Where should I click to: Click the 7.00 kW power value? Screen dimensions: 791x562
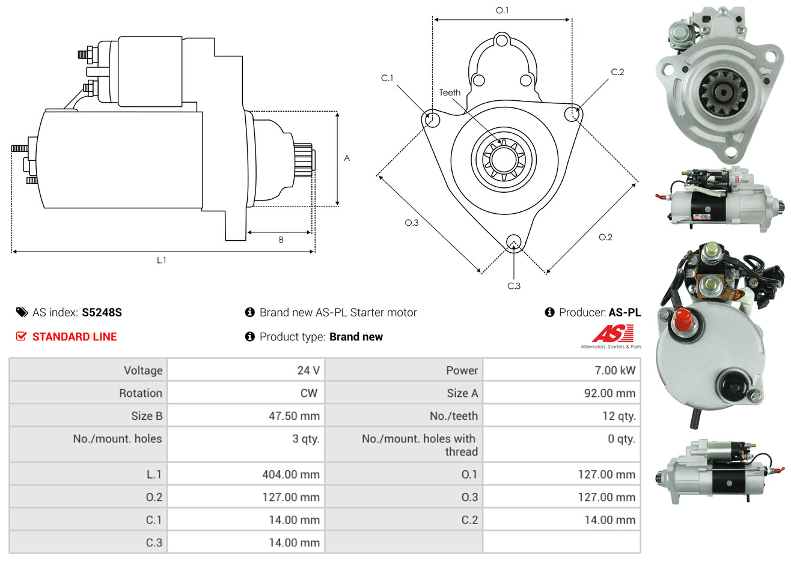[x=615, y=370]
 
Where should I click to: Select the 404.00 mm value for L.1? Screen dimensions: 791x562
[x=291, y=474]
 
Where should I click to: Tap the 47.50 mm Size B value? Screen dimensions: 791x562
[x=294, y=415]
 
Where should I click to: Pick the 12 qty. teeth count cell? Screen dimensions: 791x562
[x=619, y=416]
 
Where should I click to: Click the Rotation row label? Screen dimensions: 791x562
[x=141, y=393]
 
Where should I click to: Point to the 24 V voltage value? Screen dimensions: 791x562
[x=308, y=370]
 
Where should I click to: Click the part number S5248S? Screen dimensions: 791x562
[x=102, y=312]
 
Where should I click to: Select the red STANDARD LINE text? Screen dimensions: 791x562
[x=75, y=337]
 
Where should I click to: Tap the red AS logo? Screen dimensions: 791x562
[x=613, y=334]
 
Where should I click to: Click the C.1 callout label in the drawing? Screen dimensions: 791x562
[x=387, y=78]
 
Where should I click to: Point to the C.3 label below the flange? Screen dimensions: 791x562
[x=514, y=286]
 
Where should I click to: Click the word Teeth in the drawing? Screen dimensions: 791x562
[x=450, y=92]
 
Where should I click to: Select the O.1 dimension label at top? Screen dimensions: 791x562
[x=502, y=10]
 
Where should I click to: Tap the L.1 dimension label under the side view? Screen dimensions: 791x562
[x=161, y=261]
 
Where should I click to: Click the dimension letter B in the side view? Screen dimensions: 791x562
[x=281, y=240]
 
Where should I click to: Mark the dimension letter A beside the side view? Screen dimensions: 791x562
[x=347, y=158]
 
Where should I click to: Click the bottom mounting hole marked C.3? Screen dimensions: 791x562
[x=514, y=243]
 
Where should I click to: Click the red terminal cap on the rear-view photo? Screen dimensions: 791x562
[x=683, y=319]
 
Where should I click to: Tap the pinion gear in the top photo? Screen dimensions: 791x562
[x=723, y=92]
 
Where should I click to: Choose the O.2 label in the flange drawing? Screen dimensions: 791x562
[x=605, y=237]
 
